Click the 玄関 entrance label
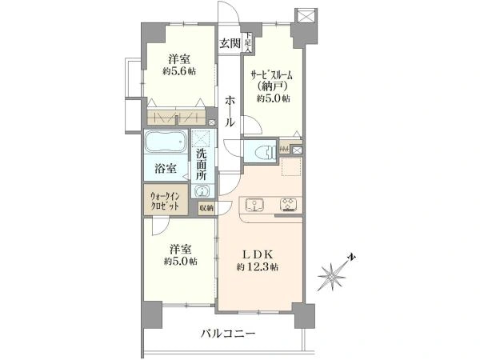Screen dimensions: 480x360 coord(230,43)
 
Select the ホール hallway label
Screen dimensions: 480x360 coord(230,111)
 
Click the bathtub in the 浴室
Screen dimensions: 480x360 coord(166,142)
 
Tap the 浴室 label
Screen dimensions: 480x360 coord(166,169)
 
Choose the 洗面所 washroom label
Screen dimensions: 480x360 coord(201,164)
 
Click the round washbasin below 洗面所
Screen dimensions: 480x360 coord(202,192)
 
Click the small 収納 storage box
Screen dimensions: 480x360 coord(206,209)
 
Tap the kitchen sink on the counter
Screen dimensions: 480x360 coord(254,205)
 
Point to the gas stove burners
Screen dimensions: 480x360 coord(288,205)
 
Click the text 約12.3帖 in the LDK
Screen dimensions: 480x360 coord(257,267)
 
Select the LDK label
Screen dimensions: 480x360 coord(257,254)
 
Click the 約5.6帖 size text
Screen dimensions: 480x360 coord(179,71)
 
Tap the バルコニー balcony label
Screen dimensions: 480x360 coord(228,334)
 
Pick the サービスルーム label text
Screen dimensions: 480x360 coord(271,75)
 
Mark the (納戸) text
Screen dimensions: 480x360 coord(273,87)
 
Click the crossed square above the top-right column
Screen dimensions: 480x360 coord(306,16)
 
